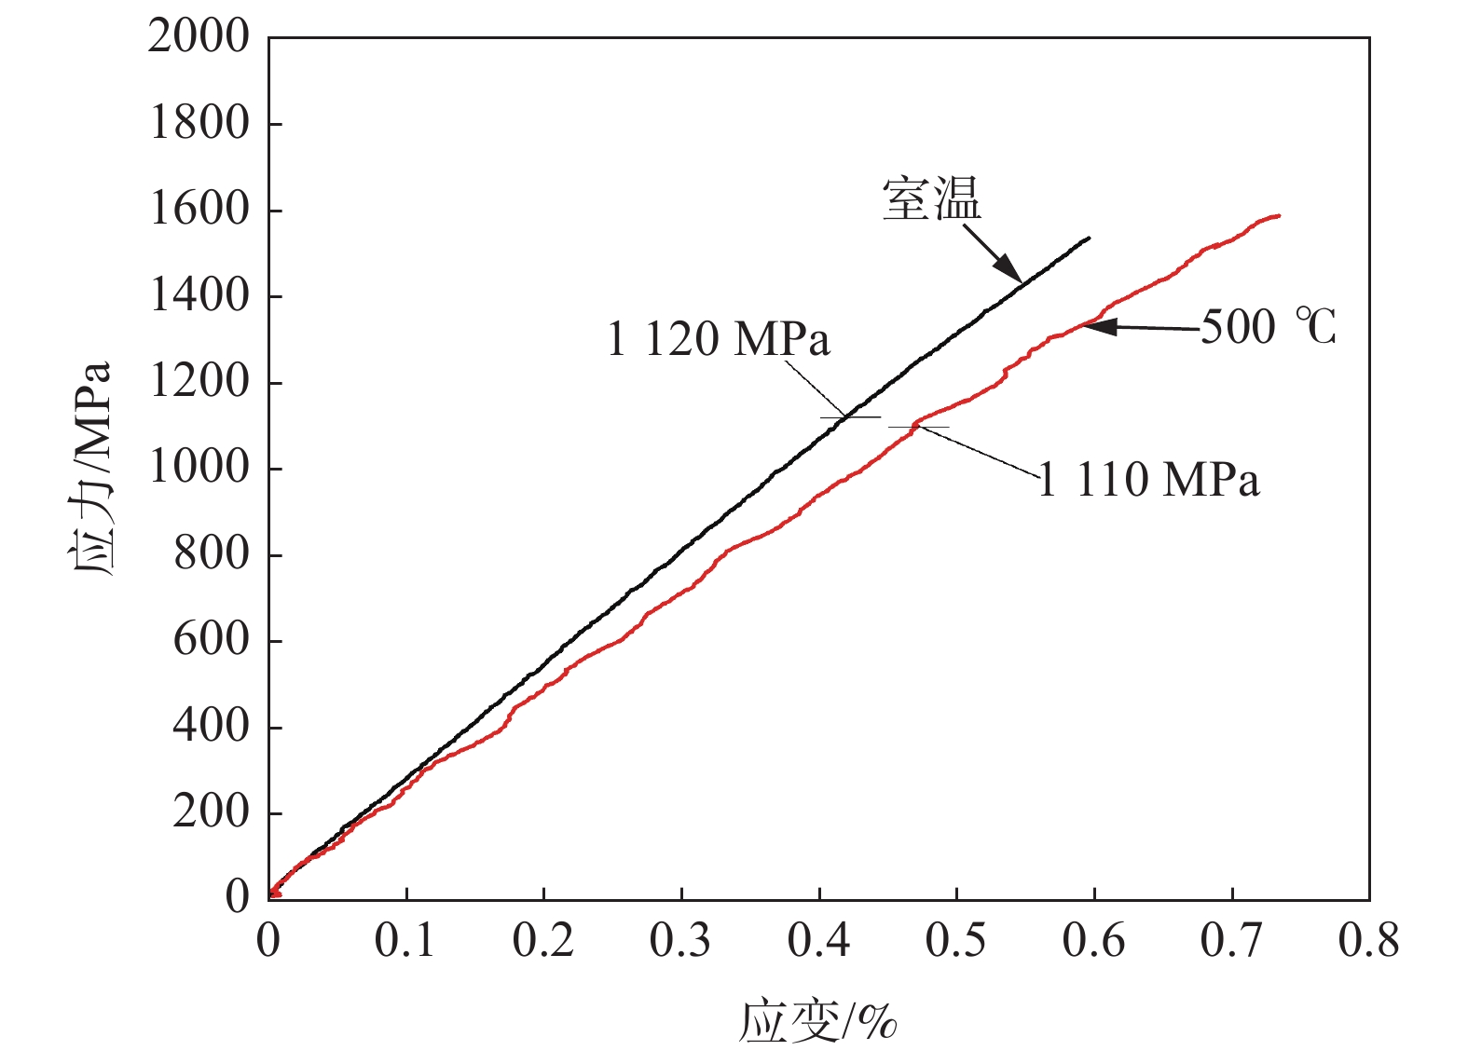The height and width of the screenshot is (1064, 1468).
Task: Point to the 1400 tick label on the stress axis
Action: tap(199, 296)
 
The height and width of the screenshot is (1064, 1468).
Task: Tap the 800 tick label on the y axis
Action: tap(212, 554)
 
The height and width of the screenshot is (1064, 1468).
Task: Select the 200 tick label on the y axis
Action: tap(212, 812)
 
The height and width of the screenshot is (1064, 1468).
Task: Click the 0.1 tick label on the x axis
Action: tap(405, 941)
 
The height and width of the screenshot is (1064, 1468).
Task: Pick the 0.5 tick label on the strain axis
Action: tap(956, 941)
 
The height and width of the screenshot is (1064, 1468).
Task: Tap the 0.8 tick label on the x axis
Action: tap(1368, 941)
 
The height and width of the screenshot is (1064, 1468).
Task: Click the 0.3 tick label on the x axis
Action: tap(680, 941)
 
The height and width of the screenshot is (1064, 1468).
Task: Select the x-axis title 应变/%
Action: tap(818, 1022)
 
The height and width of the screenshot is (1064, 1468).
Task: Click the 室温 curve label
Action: tap(931, 200)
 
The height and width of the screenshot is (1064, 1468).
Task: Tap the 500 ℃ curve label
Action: tap(1268, 327)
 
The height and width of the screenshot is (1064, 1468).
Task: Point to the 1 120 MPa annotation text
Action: tap(718, 339)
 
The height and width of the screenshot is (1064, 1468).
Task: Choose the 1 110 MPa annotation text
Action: tap(1148, 481)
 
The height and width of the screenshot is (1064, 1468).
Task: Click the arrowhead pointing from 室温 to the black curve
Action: tap(1012, 271)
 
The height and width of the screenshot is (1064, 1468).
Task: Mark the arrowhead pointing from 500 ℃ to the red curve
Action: tap(1095, 326)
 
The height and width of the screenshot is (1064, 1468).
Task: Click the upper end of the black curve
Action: tap(1089, 239)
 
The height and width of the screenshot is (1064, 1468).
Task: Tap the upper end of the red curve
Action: tap(1279, 215)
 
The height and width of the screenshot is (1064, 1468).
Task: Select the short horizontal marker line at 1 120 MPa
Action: tap(850, 417)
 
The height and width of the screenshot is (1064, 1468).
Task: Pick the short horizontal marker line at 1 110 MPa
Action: tap(918, 427)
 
